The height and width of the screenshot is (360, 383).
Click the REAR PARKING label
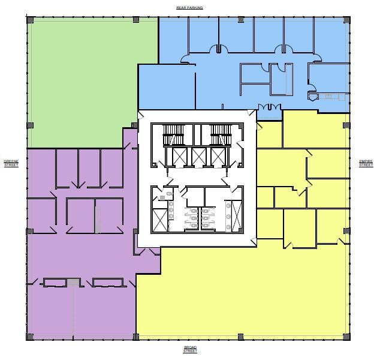pyautogui.click(x=189, y=8)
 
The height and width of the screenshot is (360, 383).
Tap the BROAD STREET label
pyautogui.click(x=189, y=349)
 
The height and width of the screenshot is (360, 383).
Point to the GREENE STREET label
pyautogui.click(x=11, y=163)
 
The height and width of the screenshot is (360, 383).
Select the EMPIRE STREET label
pyautogui.click(x=366, y=163)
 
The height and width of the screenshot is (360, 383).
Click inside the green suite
pyautogui.click(x=84, y=78)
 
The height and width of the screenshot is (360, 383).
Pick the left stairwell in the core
pyautogui.click(x=176, y=135)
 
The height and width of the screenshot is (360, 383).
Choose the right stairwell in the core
pyautogui.click(x=220, y=135)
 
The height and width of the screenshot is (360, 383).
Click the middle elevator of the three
pyautogui.click(x=198, y=157)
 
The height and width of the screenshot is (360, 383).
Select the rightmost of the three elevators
pyautogui.click(x=218, y=157)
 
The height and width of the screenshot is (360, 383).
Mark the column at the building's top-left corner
pyautogui.click(x=30, y=20)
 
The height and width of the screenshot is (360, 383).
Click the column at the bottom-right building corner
pyautogui.click(x=346, y=337)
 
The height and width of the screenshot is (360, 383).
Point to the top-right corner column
pyautogui.click(x=346, y=20)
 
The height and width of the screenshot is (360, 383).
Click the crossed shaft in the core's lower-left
pyautogui.click(x=160, y=220)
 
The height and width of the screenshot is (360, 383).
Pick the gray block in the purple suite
pyautogui.click(x=73, y=283)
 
